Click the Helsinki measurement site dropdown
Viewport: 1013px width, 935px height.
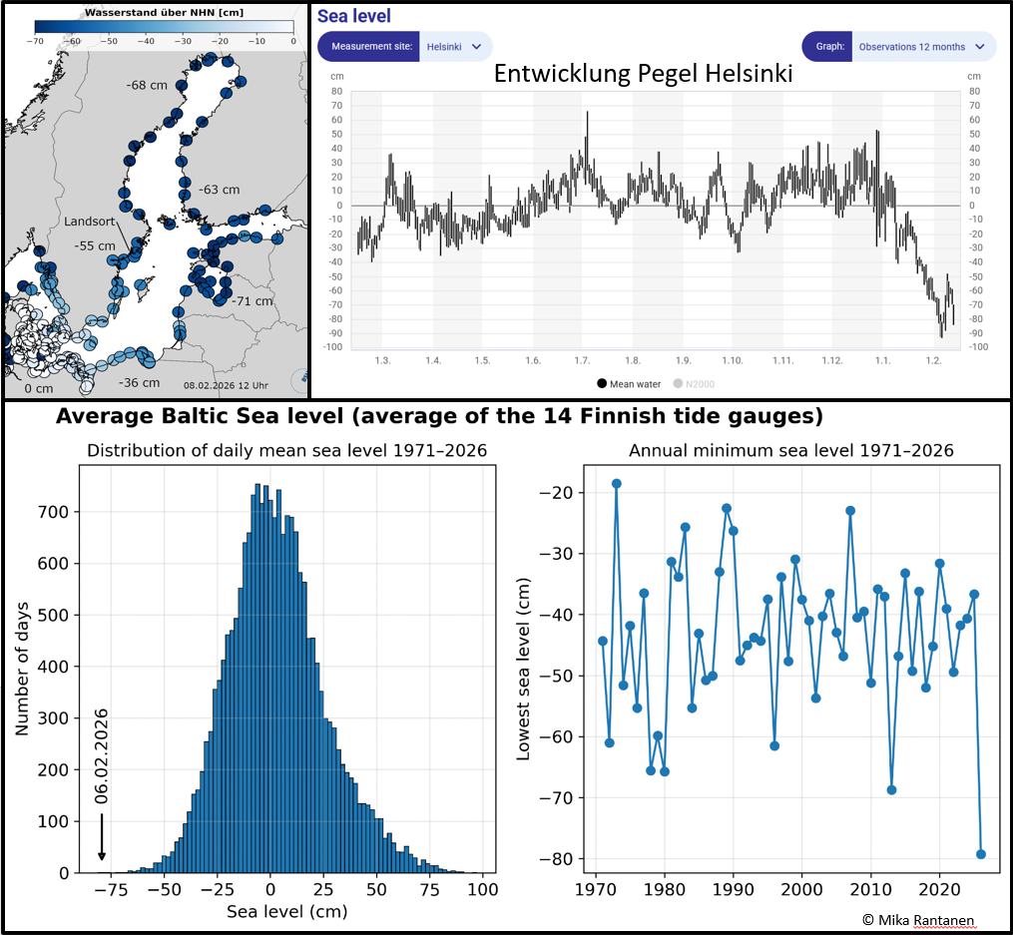point(455,47)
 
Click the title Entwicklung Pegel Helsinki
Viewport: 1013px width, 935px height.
point(643,76)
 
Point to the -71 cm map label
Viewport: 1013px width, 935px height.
point(251,300)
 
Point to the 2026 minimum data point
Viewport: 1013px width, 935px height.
point(981,854)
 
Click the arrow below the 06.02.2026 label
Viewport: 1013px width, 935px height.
point(101,836)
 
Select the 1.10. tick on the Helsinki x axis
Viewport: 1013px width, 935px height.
point(733,359)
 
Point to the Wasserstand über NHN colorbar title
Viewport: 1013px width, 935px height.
point(164,12)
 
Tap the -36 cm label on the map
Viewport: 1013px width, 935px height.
point(139,382)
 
